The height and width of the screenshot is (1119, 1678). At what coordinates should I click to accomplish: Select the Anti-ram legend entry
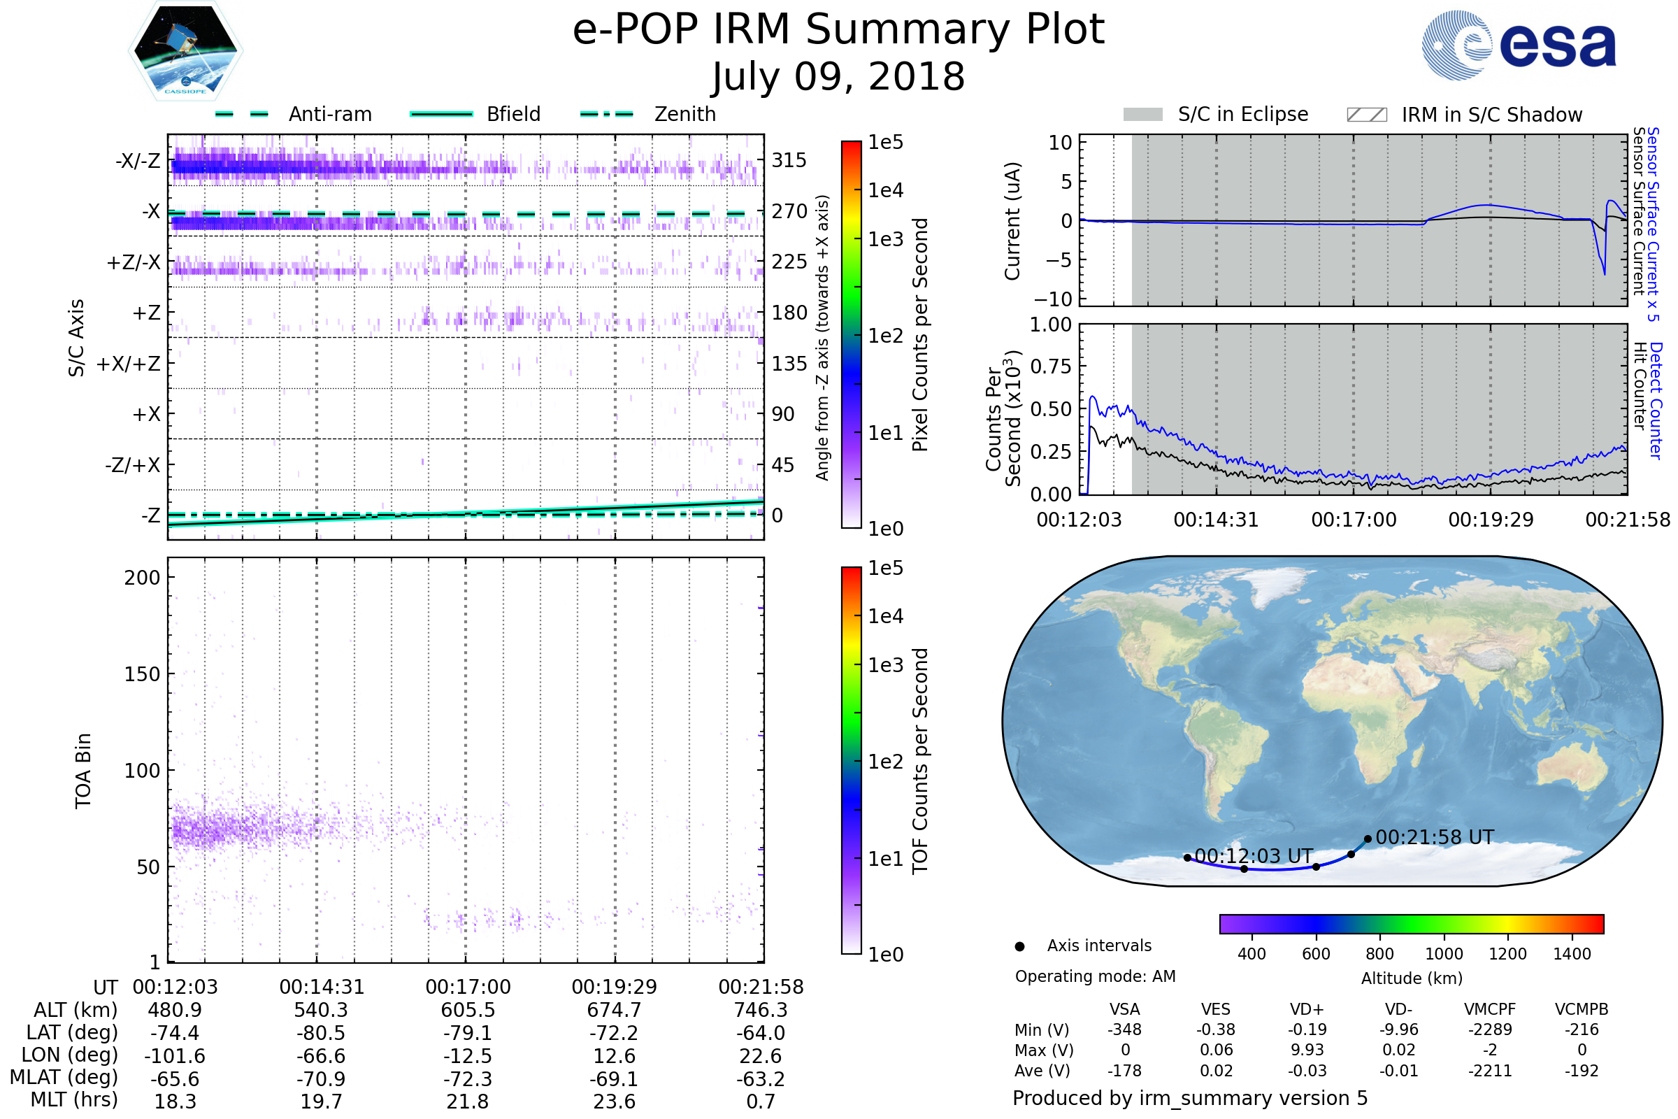pos(329,114)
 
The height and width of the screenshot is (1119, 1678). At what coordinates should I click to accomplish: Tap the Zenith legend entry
pos(684,114)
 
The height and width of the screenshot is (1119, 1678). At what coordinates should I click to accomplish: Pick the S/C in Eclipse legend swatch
pos(1142,115)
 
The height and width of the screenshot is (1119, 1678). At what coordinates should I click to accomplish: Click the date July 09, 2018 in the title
pos(838,77)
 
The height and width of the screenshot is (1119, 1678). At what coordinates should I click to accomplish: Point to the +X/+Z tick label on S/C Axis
pos(129,364)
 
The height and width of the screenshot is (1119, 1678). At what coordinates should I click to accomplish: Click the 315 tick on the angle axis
pos(789,160)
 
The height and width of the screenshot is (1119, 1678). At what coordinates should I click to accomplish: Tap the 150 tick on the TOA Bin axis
pos(142,674)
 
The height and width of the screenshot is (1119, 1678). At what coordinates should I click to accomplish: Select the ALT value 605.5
pos(468,1010)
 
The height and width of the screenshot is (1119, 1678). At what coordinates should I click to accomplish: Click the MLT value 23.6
pos(615,1101)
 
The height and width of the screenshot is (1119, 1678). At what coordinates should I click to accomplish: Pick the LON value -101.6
pos(175,1055)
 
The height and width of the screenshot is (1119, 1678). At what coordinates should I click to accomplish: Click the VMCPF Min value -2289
pos(1490,1029)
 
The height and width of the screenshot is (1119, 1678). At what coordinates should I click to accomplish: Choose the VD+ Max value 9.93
pos(1307,1050)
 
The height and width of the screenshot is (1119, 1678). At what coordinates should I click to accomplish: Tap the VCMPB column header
pos(1581,1009)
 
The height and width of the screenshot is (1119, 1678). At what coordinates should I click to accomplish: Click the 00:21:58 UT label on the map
pos(1434,837)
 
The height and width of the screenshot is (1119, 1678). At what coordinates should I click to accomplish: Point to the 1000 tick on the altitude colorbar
pos(1444,954)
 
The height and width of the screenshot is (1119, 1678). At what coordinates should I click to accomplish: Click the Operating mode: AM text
pos(1095,976)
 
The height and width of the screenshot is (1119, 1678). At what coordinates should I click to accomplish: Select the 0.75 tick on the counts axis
pos(1051,366)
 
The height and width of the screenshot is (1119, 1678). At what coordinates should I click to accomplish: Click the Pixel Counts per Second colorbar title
pos(920,335)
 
